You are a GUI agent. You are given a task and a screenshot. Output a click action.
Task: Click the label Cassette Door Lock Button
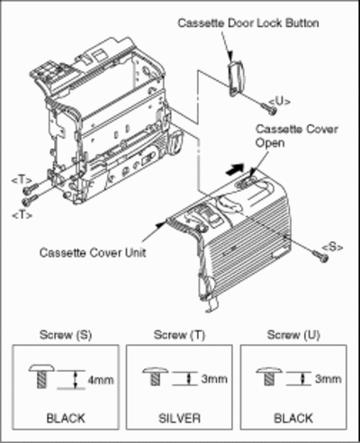point(248,23)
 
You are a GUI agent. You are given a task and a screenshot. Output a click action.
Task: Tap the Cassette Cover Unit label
point(93,252)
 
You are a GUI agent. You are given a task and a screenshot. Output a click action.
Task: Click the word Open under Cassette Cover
point(270,143)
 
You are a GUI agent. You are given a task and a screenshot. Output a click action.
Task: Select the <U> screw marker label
point(279,102)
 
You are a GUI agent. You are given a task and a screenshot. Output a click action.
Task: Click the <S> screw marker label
point(332,247)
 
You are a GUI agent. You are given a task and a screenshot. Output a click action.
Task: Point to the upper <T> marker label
point(22,180)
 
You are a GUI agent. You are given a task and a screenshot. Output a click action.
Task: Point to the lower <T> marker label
point(22,215)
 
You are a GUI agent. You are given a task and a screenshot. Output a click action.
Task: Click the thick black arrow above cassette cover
point(235,169)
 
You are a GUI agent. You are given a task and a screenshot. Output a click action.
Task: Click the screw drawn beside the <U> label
point(268,109)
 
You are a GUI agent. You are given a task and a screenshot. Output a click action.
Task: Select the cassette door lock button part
point(237,77)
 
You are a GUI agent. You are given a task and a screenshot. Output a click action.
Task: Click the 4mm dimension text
point(101,380)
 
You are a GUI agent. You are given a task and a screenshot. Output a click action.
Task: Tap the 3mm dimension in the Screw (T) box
point(214,379)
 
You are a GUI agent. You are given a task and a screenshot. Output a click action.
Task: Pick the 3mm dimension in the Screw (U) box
point(328,379)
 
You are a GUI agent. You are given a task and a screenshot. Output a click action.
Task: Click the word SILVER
point(179,418)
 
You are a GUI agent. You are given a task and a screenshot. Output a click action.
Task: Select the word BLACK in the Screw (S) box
point(66,418)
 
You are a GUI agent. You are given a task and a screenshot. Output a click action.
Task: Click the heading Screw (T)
point(179,335)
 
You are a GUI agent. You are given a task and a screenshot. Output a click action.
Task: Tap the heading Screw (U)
point(293,335)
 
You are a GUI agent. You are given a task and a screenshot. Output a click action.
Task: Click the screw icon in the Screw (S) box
point(41,376)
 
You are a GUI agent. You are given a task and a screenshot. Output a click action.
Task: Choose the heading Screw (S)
point(66,335)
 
